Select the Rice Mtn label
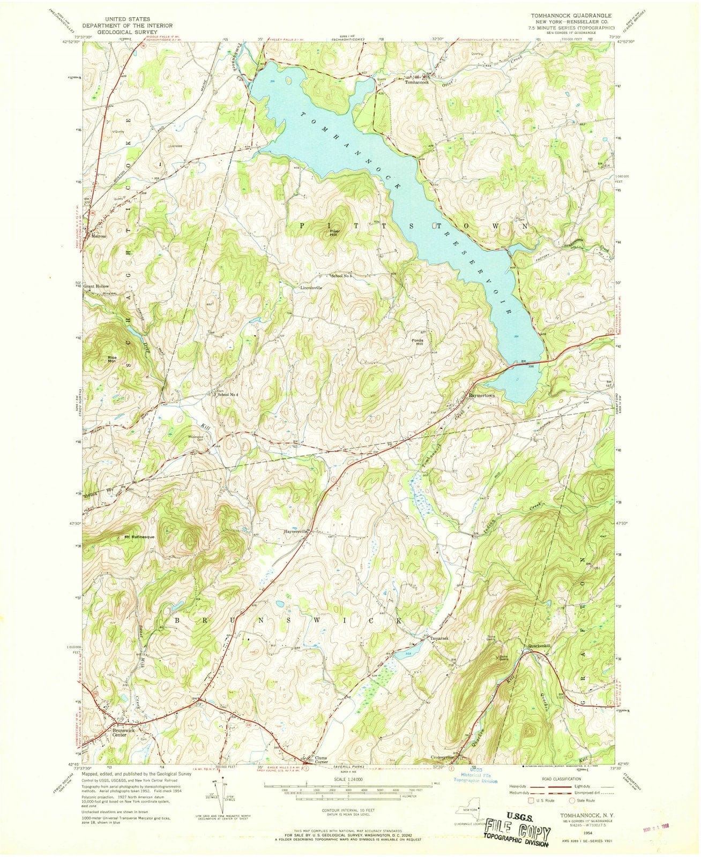pyautogui.click(x=112, y=359)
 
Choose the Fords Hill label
pyautogui.click(x=417, y=342)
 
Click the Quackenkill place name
pyautogui.click(x=538, y=645)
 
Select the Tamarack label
pyautogui.click(x=437, y=639)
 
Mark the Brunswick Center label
pyautogui.click(x=123, y=732)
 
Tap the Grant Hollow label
pyautogui.click(x=95, y=287)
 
